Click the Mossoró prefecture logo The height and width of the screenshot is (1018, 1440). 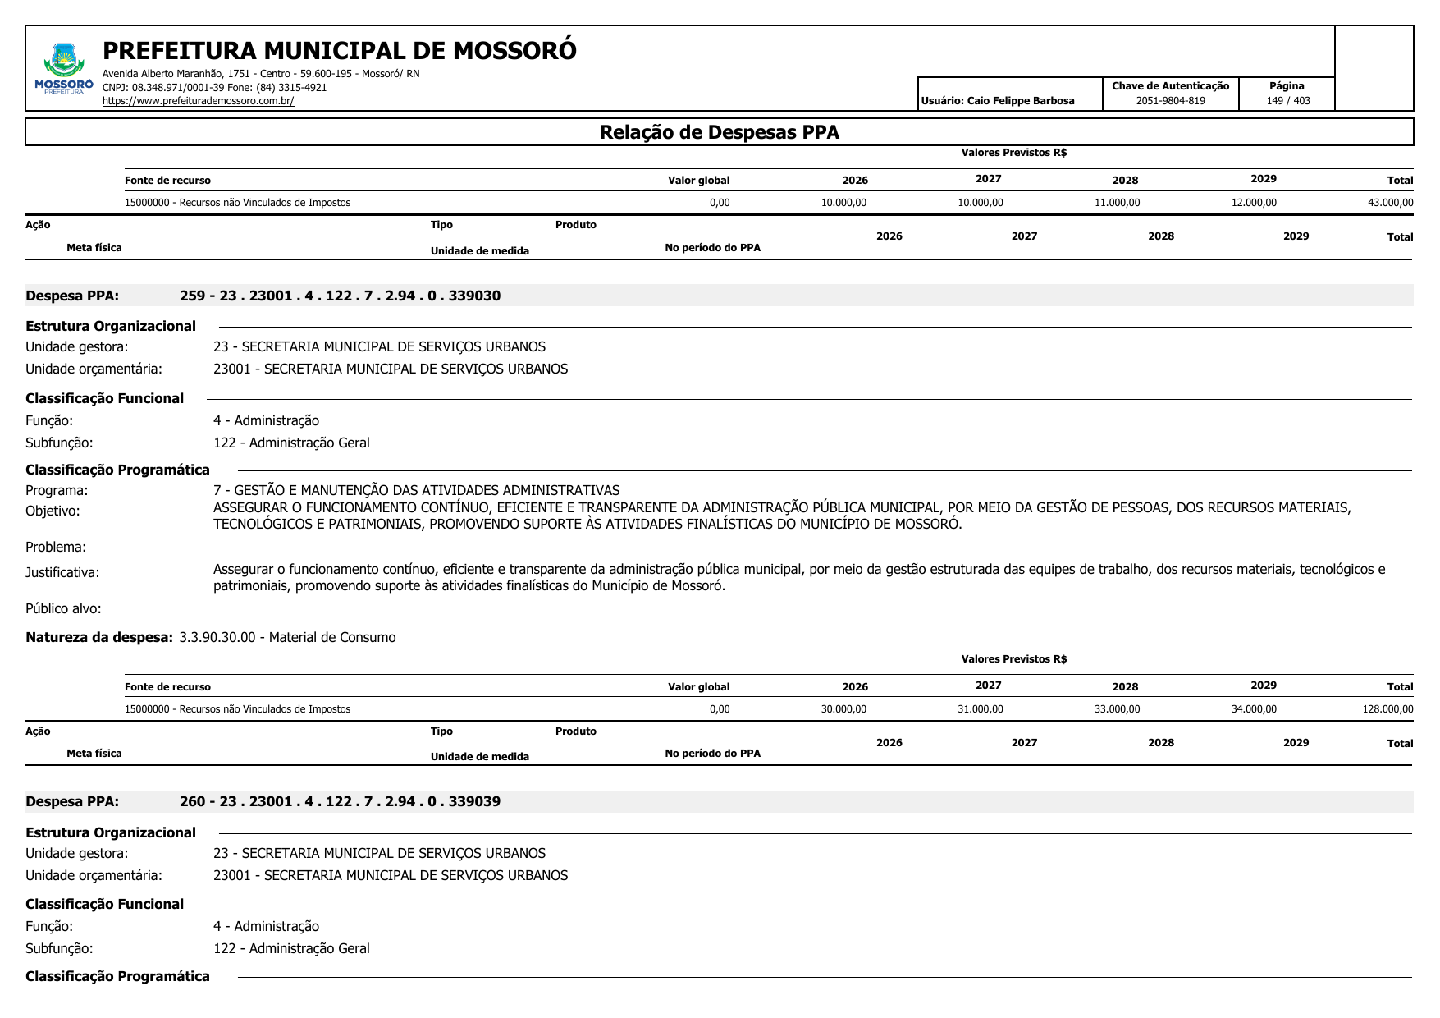coord(64,69)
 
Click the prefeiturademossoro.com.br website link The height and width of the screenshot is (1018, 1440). coord(198,101)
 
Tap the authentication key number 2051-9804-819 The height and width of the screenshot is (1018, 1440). coord(1170,101)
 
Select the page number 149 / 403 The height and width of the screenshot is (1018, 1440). coord(1287,101)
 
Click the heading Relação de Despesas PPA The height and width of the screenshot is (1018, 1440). coord(719,132)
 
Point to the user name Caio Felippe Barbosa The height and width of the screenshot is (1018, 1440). coord(1021,101)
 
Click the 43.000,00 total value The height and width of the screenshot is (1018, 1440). coord(1390,203)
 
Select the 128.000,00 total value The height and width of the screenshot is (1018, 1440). coord(1387,709)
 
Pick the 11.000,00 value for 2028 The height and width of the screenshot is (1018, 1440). coord(1117,203)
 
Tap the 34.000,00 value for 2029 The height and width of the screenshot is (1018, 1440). coord(1254,709)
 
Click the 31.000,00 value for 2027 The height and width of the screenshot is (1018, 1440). coord(980,709)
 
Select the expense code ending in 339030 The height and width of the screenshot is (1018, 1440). coord(340,296)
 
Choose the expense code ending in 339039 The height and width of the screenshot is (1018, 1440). coord(340,801)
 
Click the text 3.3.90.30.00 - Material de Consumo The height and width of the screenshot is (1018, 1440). coord(287,637)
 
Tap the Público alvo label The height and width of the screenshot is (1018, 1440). coord(63,608)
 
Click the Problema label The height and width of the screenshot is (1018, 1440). coord(56,547)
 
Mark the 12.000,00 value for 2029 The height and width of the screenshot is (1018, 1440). coord(1254,203)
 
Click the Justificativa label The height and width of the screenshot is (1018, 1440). coord(62,572)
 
